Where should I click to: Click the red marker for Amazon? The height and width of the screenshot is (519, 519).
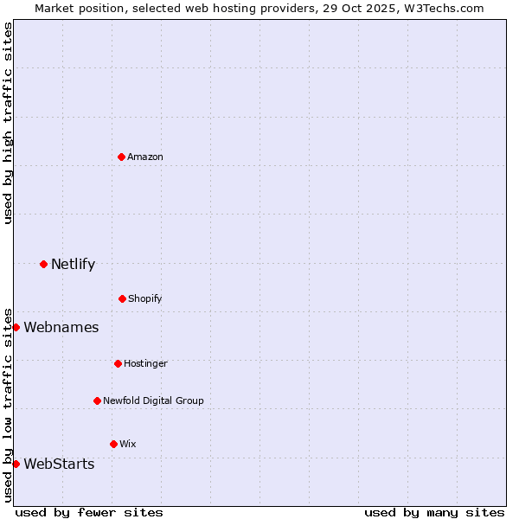point(121,157)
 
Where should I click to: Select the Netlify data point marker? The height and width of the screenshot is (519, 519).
point(43,264)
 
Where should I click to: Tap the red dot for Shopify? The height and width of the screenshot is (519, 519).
point(122,298)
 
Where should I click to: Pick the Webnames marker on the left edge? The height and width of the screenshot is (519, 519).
point(16,327)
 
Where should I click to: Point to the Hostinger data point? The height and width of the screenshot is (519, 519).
point(118,363)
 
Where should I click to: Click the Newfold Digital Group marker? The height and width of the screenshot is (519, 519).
point(97,400)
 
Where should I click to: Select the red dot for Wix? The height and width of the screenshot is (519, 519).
point(113,444)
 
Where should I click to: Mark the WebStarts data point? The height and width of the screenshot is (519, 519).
point(16,464)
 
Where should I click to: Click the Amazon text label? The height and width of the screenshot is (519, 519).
point(145,157)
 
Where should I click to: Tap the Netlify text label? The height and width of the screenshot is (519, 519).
point(73,264)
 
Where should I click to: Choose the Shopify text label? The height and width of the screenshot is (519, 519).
point(145,298)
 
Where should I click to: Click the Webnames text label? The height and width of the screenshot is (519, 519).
point(61,327)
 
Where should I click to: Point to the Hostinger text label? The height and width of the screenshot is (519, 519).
point(145,363)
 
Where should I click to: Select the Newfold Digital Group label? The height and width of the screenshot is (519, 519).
point(153,400)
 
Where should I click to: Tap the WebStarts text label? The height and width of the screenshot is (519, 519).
point(59,464)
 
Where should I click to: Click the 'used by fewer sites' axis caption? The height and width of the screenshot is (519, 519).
point(89,512)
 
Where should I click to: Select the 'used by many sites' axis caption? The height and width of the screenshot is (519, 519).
point(434,512)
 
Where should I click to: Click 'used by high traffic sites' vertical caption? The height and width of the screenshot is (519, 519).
point(8,124)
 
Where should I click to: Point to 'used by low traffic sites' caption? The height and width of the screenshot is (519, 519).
point(8,404)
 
